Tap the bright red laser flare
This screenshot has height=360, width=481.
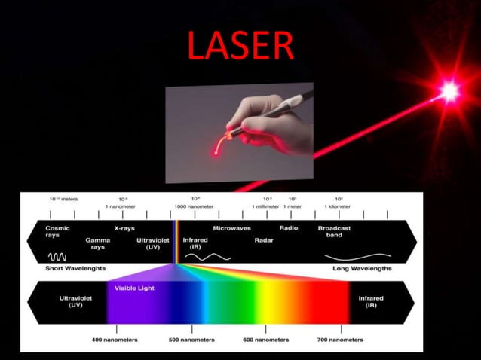pos(450,93)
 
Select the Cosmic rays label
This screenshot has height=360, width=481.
pos(57,231)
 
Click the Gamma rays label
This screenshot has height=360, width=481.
pos(97,243)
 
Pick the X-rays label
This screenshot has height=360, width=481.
pos(124,227)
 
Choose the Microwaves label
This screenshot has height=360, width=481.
pos(232,227)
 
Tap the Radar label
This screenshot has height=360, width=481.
pos(263,240)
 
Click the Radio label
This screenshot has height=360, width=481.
pos(289,227)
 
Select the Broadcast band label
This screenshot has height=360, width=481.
pos(333,231)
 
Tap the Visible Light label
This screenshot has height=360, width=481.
pos(134,288)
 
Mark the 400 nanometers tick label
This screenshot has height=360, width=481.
pos(115,340)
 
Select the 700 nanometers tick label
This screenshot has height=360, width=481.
pos(341,340)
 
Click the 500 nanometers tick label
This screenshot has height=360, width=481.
pos(191,340)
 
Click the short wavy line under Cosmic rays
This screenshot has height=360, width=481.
pos(59,256)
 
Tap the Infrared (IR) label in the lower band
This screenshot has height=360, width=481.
pos(369,301)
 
